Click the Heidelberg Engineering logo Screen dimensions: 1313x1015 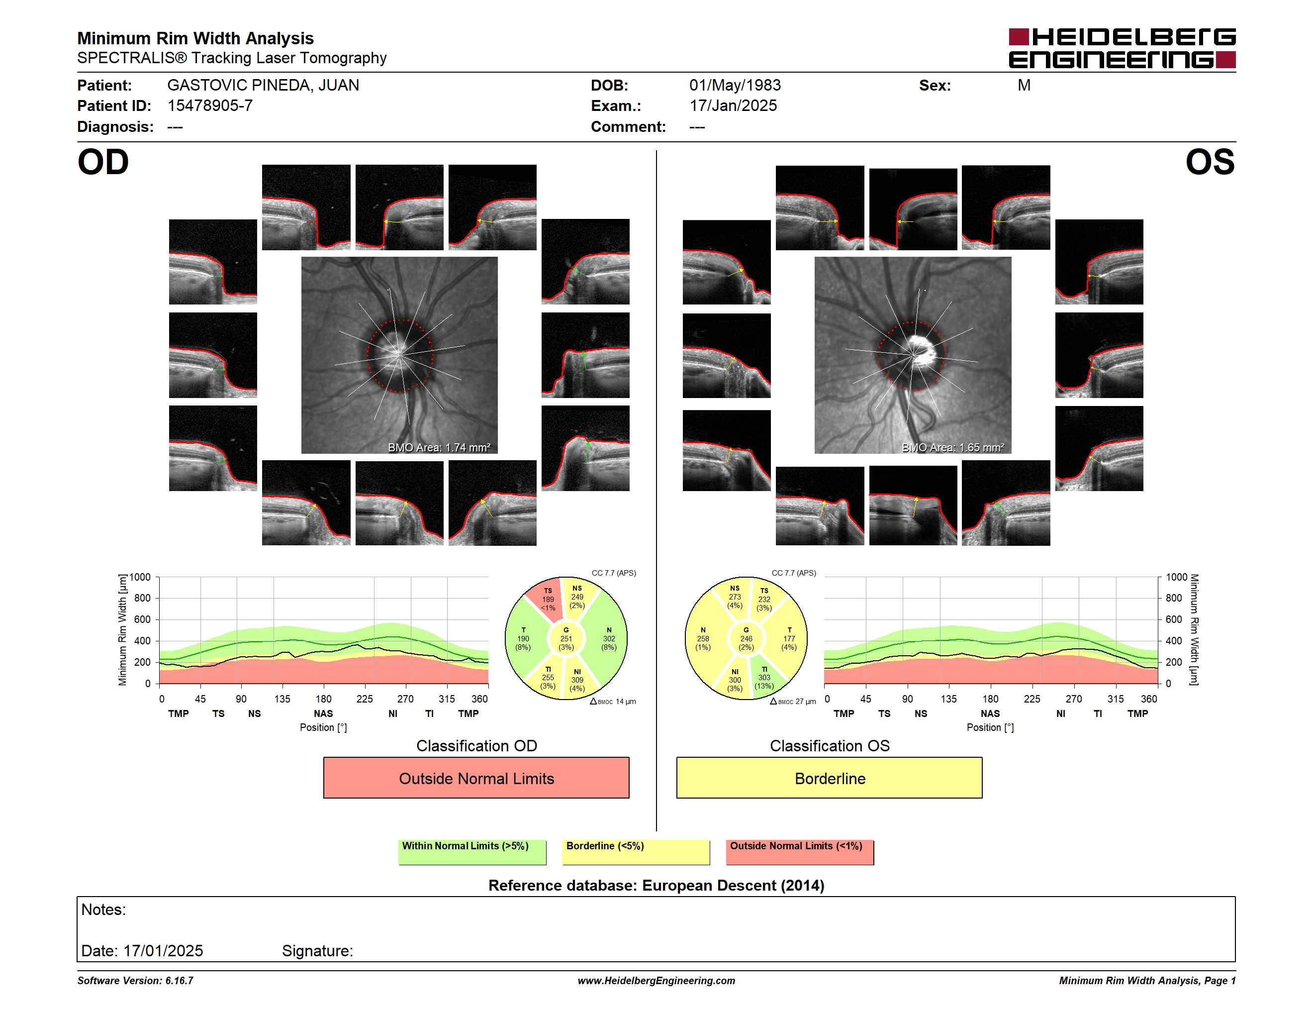pyautogui.click(x=1122, y=48)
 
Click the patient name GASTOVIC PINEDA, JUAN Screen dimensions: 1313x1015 pyautogui.click(x=263, y=86)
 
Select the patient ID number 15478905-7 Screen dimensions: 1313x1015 pyautogui.click(x=210, y=106)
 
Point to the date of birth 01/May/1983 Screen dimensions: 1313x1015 pyautogui.click(x=735, y=86)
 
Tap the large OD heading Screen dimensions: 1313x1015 pyautogui.click(x=103, y=162)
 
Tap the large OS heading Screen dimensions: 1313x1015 pyautogui.click(x=1210, y=162)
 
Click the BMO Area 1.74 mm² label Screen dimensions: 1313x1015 pyautogui.click(x=439, y=447)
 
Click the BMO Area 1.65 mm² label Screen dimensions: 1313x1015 pyautogui.click(x=953, y=447)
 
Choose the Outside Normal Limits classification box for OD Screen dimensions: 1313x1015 pyautogui.click(x=476, y=778)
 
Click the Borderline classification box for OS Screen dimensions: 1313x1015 pyautogui.click(x=830, y=778)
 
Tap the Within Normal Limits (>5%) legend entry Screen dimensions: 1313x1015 pyautogui.click(x=472, y=852)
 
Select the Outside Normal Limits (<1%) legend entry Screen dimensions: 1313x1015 pyautogui.click(x=800, y=852)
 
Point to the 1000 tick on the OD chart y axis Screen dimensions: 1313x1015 pyautogui.click(x=139, y=577)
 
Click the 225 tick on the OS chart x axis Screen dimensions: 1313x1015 pyautogui.click(x=1032, y=699)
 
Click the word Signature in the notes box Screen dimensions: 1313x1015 pyautogui.click(x=317, y=951)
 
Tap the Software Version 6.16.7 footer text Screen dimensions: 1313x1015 pyautogui.click(x=135, y=981)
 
